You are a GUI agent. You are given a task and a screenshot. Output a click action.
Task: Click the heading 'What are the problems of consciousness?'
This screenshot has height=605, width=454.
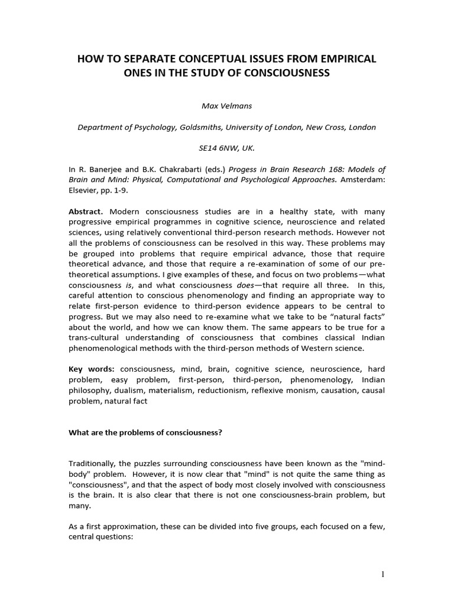point(145,432)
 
